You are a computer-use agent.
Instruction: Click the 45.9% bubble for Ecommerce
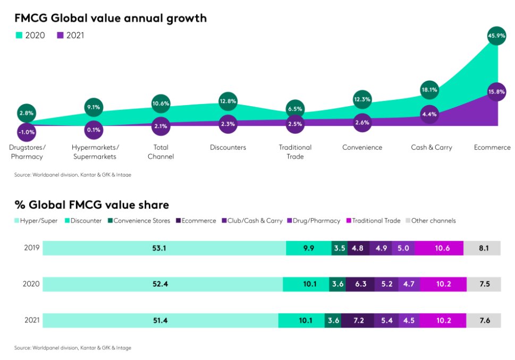(x=497, y=36)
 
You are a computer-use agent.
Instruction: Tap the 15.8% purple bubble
(x=497, y=91)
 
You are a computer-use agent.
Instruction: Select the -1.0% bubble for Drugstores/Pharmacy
(x=27, y=132)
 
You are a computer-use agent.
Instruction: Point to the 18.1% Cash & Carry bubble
(x=429, y=90)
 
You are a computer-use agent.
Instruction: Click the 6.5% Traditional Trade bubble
(x=295, y=109)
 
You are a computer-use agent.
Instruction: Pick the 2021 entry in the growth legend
(x=71, y=36)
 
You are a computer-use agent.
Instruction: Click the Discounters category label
(x=227, y=147)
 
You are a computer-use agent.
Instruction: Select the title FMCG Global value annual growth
(x=110, y=18)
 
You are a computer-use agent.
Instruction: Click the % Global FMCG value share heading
(x=91, y=204)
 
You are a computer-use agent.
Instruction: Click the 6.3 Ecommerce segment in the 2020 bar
(x=361, y=284)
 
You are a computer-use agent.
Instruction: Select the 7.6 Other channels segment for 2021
(x=484, y=320)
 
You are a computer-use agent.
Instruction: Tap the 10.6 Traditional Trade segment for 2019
(x=440, y=247)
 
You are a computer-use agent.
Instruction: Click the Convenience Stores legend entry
(x=141, y=220)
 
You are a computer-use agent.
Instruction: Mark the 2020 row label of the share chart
(x=31, y=284)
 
